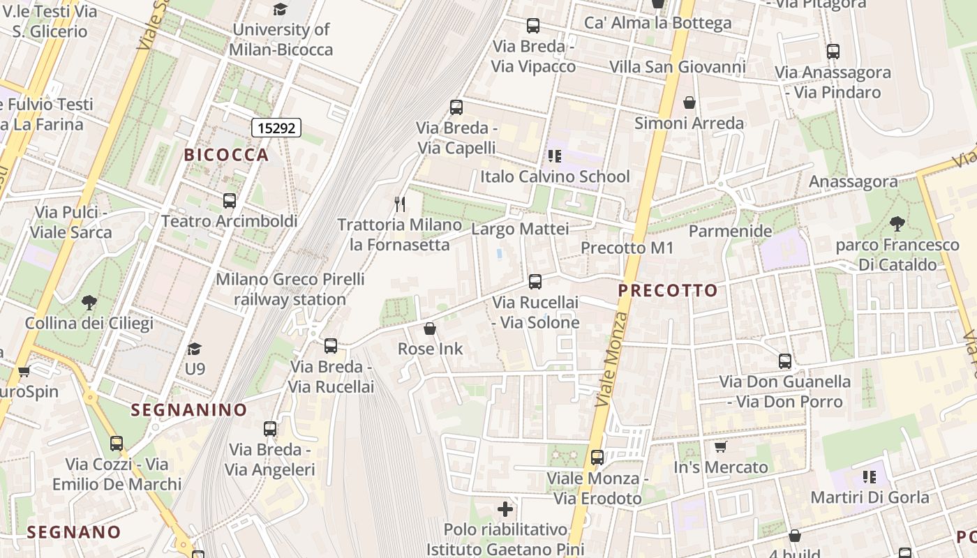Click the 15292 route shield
pyautogui.click(x=276, y=127)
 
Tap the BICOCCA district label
pyautogui.click(x=226, y=155)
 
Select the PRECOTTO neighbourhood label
pyautogui.click(x=668, y=290)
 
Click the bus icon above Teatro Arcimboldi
pyautogui.click(x=230, y=201)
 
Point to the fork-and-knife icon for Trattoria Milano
pyautogui.click(x=400, y=204)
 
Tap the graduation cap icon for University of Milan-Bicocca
pyautogui.click(x=281, y=9)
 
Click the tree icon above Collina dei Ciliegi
pyautogui.click(x=89, y=303)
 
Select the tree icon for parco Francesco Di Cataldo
pyautogui.click(x=897, y=224)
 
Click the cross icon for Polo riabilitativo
pyautogui.click(x=505, y=509)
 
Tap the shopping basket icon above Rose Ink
pyautogui.click(x=430, y=329)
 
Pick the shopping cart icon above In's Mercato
pyautogui.click(x=721, y=446)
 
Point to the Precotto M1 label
pyautogui.click(x=627, y=248)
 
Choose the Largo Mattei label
pyautogui.click(x=520, y=229)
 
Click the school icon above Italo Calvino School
pyautogui.click(x=555, y=156)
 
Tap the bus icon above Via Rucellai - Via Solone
pyautogui.click(x=535, y=282)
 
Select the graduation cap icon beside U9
pyautogui.click(x=195, y=348)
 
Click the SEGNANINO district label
pyautogui.click(x=189, y=409)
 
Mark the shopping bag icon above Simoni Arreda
pyautogui.click(x=689, y=103)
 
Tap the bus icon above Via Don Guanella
pyautogui.click(x=785, y=361)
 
